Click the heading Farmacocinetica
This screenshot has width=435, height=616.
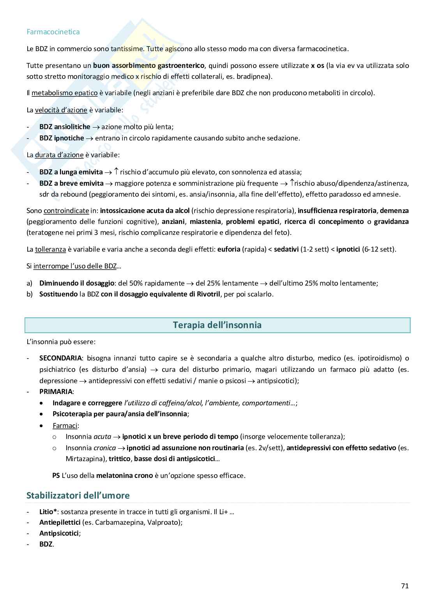click(x=53, y=32)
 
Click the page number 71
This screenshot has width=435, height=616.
click(x=405, y=586)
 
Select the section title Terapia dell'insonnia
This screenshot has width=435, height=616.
click(x=217, y=325)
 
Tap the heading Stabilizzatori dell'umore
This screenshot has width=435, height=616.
click(x=78, y=495)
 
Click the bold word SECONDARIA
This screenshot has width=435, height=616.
click(x=60, y=358)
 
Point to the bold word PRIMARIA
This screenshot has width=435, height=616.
click(x=56, y=391)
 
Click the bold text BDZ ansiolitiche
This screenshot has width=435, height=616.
click(x=65, y=127)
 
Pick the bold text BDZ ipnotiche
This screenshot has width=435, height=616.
click(x=62, y=138)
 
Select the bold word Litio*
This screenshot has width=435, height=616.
click(x=48, y=511)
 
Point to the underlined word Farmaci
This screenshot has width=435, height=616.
click(x=65, y=426)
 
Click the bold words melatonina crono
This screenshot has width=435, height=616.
click(x=124, y=476)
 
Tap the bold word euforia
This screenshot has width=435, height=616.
click(x=229, y=249)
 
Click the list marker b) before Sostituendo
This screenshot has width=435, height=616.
click(x=30, y=294)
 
